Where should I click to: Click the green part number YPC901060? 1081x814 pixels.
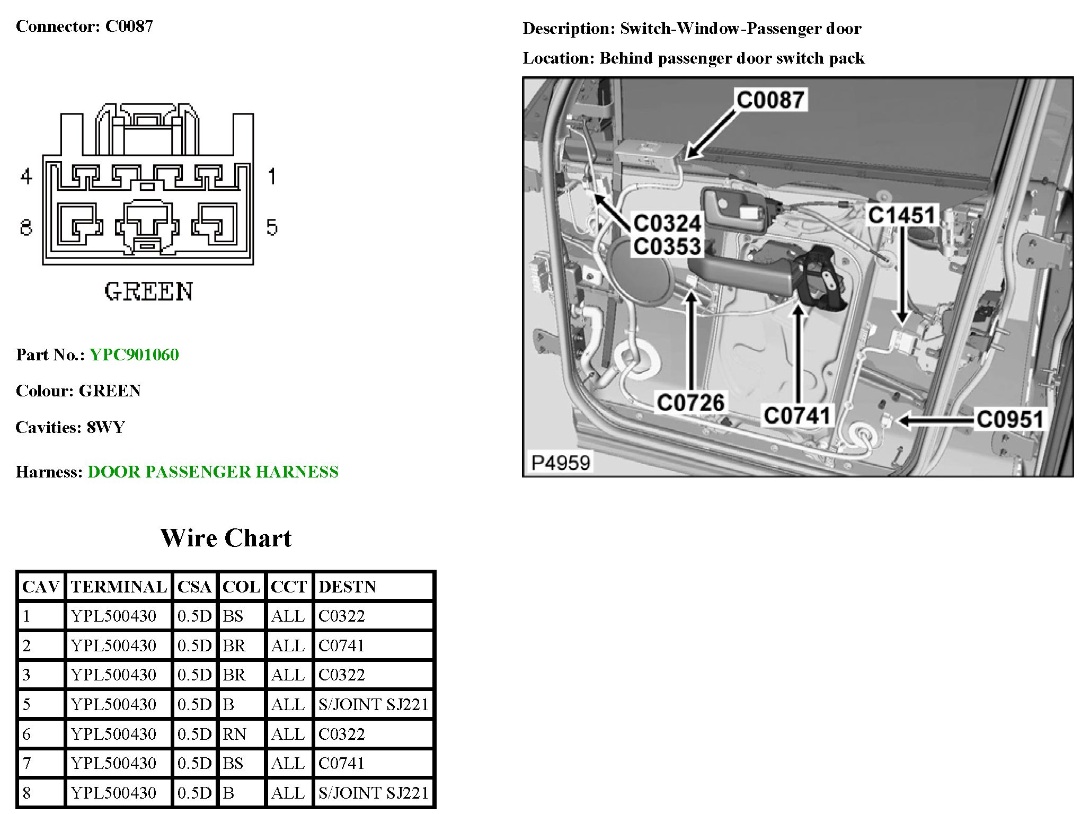[134, 355]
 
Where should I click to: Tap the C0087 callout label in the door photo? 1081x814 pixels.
[770, 100]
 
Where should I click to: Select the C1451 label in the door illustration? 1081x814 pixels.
[901, 215]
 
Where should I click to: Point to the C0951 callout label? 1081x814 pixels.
[1009, 419]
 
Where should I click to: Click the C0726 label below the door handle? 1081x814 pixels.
[690, 403]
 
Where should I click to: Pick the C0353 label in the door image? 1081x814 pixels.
[667, 246]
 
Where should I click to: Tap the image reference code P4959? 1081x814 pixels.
[561, 463]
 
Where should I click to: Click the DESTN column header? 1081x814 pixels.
[348, 587]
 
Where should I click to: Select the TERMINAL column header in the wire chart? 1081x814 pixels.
[119, 587]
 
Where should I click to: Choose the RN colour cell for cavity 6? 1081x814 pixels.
[234, 734]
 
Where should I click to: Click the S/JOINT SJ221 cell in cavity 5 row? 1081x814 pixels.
[373, 704]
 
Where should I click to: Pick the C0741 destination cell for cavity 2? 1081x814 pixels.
[342, 645]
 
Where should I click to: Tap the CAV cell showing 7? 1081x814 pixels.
[27, 763]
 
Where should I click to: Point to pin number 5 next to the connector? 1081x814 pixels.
[271, 227]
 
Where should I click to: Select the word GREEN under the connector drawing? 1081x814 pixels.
[148, 291]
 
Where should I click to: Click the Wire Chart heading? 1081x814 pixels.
[226, 538]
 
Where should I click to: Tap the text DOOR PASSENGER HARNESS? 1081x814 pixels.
[213, 472]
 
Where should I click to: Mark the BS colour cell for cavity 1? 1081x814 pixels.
[233, 616]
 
